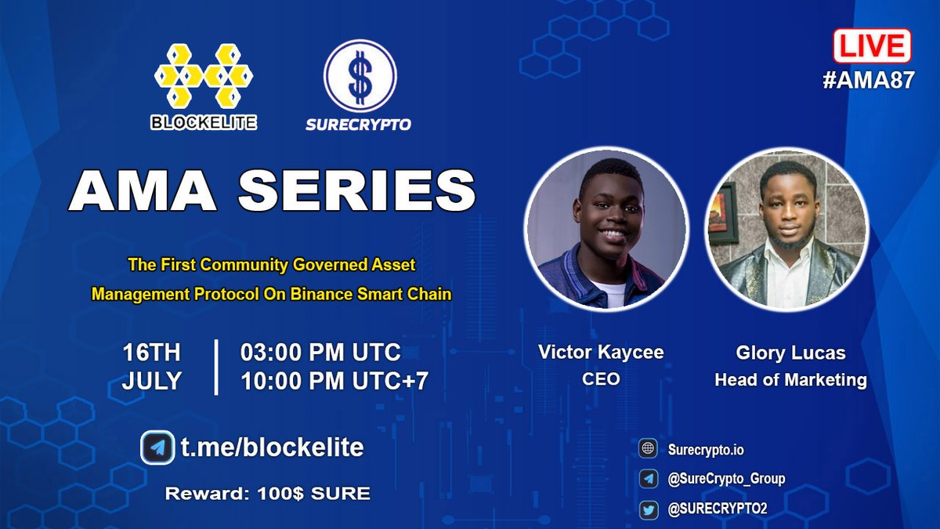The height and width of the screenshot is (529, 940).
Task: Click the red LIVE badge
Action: pos(872,45)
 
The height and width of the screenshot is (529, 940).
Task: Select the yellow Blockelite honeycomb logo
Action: pos(204,76)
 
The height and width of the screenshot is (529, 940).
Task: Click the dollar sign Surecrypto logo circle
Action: pos(360,76)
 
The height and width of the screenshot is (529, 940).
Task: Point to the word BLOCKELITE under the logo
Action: pos(204,122)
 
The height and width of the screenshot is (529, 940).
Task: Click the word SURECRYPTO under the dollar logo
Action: pos(360,124)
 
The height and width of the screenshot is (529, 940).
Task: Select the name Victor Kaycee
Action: pos(601,352)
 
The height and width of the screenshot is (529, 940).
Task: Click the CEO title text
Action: pos(601,379)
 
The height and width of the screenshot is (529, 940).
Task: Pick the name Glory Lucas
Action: pos(790,353)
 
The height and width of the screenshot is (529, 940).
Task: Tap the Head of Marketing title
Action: pos(790,381)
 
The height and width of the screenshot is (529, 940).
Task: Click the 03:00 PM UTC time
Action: pos(320,351)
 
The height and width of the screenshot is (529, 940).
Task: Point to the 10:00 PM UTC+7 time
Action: pos(334,381)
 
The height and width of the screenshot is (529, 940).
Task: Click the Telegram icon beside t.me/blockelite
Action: pos(157,448)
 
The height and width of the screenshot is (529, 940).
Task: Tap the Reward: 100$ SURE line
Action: pos(267,494)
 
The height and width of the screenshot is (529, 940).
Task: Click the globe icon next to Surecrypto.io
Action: pos(648,449)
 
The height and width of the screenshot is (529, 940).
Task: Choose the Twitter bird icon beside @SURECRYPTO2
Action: pos(648,509)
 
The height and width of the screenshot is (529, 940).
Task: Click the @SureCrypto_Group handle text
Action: pos(726,479)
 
